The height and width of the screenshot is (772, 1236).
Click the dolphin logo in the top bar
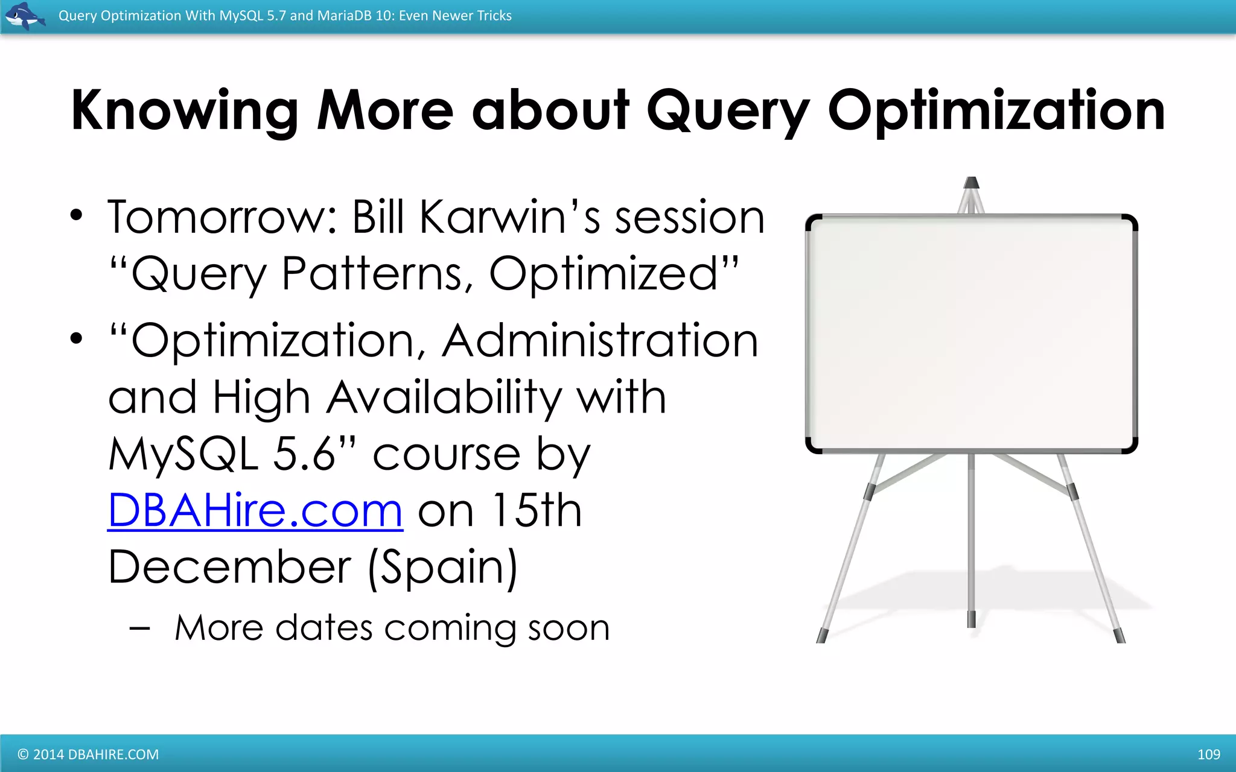coord(24,16)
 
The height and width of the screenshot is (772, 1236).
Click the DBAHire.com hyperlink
coord(255,511)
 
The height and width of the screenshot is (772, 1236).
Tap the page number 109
coord(1208,754)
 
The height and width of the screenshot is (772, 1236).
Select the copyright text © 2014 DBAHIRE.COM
coord(88,755)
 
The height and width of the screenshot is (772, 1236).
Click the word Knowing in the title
coord(185,111)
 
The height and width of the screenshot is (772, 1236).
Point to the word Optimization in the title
coord(996,111)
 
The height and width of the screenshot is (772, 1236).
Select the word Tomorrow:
coord(222,217)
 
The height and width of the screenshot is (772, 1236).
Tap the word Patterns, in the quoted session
coord(377,274)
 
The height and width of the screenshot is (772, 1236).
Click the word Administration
coord(600,341)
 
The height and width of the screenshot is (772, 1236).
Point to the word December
coord(229,567)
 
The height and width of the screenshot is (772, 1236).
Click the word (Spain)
coord(442,567)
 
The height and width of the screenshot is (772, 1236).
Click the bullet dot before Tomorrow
coord(75,216)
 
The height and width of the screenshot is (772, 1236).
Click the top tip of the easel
coord(971,182)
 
